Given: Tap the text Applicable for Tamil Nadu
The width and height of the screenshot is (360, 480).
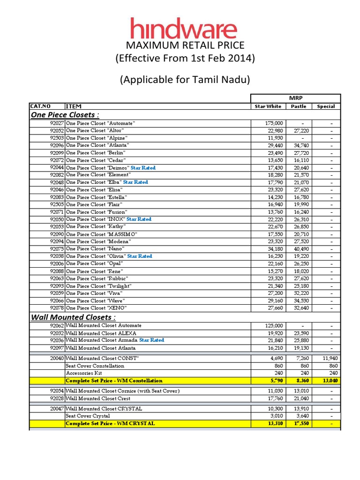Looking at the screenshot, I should pyautogui.click(x=185, y=80).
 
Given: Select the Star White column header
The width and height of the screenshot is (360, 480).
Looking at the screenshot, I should pyautogui.click(x=268, y=106).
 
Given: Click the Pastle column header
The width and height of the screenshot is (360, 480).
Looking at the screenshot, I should pyautogui.click(x=298, y=106).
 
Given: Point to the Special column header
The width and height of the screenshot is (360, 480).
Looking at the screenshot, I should pyautogui.click(x=325, y=106).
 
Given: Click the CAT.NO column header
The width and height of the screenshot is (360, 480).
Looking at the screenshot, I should pyautogui.click(x=40, y=106).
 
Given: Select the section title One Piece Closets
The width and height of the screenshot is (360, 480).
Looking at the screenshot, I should pyautogui.click(x=65, y=115).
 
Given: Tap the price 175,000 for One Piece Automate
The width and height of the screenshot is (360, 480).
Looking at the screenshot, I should pyautogui.click(x=274, y=123).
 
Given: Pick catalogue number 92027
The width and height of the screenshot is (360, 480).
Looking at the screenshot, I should pyautogui.click(x=57, y=123).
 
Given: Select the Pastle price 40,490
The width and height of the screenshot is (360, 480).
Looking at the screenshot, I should pyautogui.click(x=301, y=249).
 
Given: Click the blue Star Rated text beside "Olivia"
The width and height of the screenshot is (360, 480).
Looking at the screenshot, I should pyautogui.click(x=140, y=256).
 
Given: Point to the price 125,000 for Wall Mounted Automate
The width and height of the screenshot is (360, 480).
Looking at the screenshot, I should pyautogui.click(x=274, y=325).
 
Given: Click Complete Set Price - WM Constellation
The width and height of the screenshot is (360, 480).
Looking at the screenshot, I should pyautogui.click(x=114, y=381).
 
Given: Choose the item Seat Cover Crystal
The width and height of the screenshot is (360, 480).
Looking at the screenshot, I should pyautogui.click(x=88, y=416).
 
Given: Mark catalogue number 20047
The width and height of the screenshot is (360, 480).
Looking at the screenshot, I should pyautogui.click(x=57, y=409).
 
